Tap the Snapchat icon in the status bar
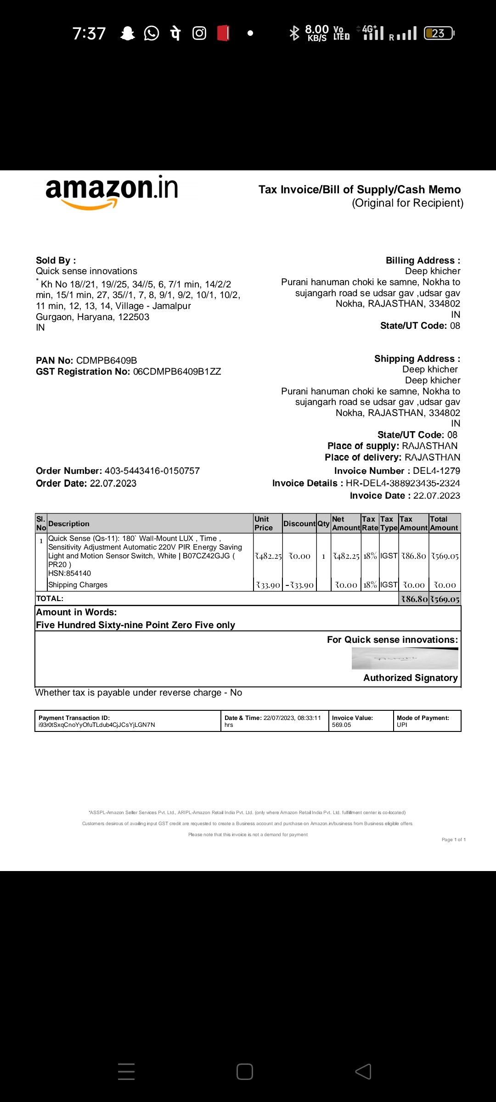[127, 33]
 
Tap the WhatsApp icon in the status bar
[151, 33]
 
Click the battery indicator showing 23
[439, 33]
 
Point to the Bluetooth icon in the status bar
[294, 33]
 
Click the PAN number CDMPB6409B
[107, 360]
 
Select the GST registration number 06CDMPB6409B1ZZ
[177, 371]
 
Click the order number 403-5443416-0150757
[152, 471]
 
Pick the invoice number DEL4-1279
[436, 471]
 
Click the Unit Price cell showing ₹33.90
[268, 585]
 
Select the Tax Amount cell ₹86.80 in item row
[413, 556]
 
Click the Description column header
[69, 523]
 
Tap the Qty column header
[323, 523]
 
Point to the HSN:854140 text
[69, 573]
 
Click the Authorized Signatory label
[410, 678]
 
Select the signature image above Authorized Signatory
[405, 658]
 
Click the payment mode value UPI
[402, 725]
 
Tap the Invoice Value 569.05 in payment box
[341, 725]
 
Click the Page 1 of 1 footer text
[453, 839]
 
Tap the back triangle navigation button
[363, 1071]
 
